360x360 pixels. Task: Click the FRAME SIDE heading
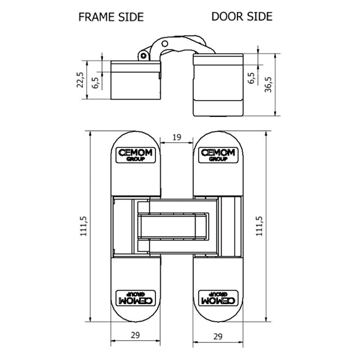click(x=111, y=17)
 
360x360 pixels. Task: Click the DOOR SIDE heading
click(x=242, y=17)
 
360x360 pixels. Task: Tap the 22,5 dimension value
click(x=80, y=80)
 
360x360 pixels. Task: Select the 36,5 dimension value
click(x=268, y=85)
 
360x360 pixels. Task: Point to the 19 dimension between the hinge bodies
click(x=176, y=137)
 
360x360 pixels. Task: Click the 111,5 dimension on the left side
click(x=83, y=226)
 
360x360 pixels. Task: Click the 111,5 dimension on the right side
click(x=259, y=226)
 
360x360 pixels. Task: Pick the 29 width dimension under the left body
click(x=135, y=335)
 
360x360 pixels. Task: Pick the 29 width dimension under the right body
click(x=218, y=337)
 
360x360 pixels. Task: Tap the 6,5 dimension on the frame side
click(x=95, y=83)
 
